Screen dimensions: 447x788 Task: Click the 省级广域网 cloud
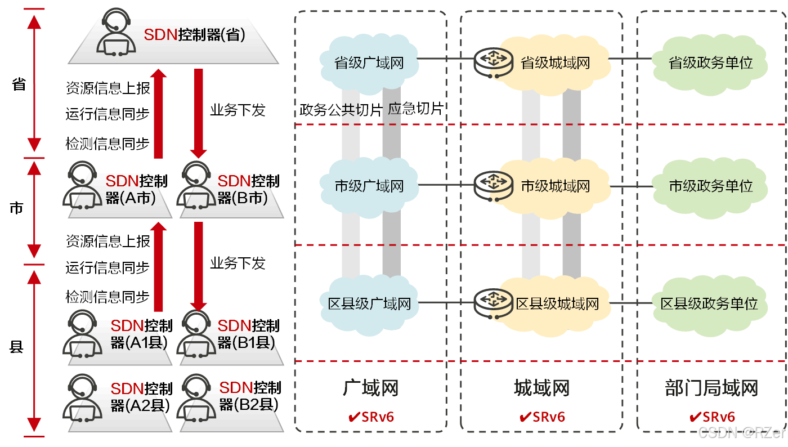point(369,62)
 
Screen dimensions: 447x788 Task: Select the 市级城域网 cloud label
point(555,186)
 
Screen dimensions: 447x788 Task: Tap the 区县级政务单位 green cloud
point(709,304)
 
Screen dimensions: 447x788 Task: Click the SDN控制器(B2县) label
point(249,396)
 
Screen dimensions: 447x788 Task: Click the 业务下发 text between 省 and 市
point(237,110)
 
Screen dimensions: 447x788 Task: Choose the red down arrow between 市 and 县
point(198,265)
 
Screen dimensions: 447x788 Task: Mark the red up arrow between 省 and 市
point(159,113)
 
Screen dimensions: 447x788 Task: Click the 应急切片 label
point(415,109)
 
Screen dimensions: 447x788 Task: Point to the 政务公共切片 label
point(341,110)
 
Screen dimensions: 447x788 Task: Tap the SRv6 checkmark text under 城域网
point(541,417)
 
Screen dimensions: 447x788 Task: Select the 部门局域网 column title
point(711,388)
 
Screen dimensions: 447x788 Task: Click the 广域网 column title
point(370,388)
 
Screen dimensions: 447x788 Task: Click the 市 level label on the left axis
point(17,208)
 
